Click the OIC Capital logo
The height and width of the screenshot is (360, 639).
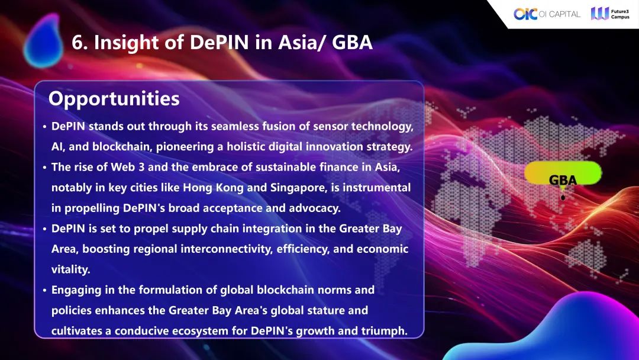(x=547, y=14)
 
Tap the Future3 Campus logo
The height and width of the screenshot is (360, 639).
(x=610, y=14)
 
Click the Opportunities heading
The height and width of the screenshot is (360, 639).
(x=114, y=99)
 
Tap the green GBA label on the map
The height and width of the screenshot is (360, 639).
(x=563, y=174)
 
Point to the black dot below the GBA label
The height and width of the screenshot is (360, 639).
(x=563, y=198)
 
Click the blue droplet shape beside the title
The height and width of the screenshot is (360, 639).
(x=43, y=41)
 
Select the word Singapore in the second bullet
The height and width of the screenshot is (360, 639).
(x=298, y=188)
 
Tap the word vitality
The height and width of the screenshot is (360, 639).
(x=70, y=269)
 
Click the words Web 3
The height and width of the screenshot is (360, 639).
(x=128, y=167)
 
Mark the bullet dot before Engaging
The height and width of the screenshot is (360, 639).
(x=44, y=290)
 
